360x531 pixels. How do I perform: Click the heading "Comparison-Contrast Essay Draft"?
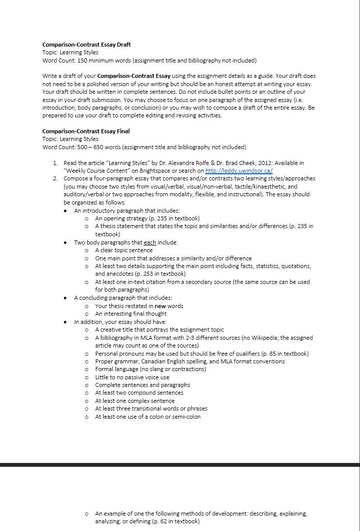point(86,45)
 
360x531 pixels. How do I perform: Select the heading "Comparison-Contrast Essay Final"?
point(86,131)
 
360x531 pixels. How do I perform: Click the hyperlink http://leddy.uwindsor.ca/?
point(238,171)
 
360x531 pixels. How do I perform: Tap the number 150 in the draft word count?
point(72,60)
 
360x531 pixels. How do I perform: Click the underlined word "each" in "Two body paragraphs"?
point(150,242)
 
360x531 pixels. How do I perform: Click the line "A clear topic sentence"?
point(124,250)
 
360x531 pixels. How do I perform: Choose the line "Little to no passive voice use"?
point(132,377)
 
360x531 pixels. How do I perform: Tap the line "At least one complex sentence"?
point(135,401)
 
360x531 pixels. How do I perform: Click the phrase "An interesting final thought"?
point(131,314)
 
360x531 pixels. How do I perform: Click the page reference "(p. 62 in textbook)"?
point(174,521)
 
